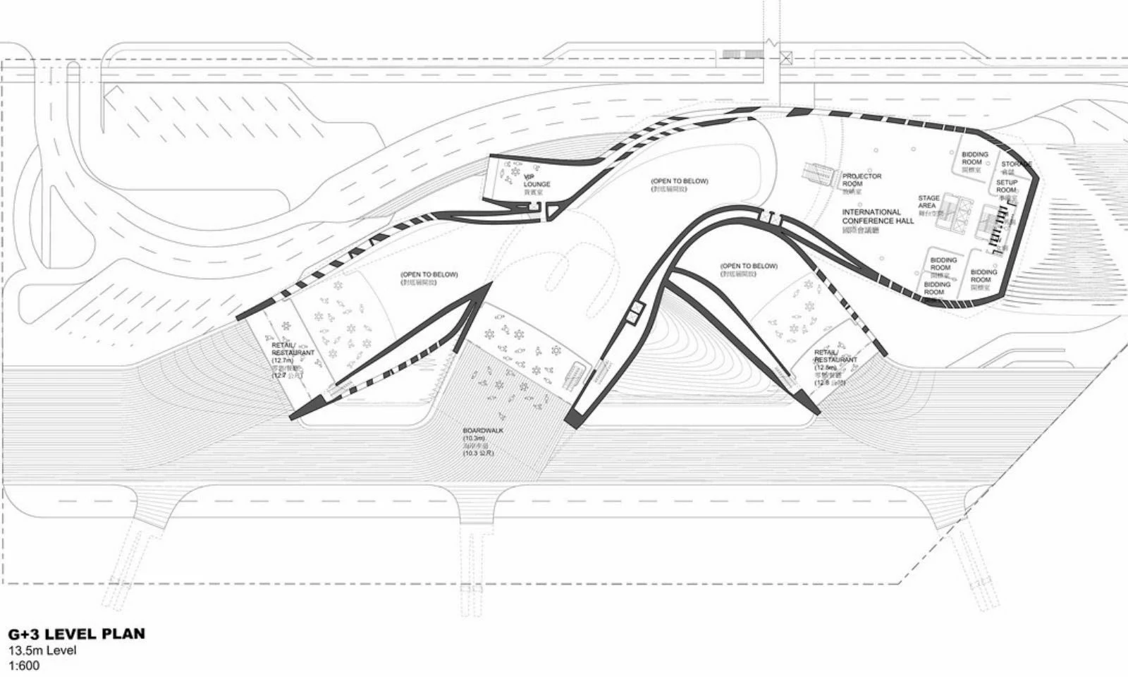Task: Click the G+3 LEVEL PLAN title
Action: pyautogui.click(x=76, y=633)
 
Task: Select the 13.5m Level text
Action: pyautogui.click(x=42, y=650)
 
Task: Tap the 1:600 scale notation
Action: pyautogui.click(x=24, y=665)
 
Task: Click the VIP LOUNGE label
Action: pyautogui.click(x=537, y=181)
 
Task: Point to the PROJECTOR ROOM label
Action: pyautogui.click(x=862, y=180)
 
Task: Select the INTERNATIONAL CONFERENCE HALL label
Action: pyautogui.click(x=878, y=216)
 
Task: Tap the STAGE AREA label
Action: pyautogui.click(x=928, y=202)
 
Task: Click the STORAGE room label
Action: pyautogui.click(x=1016, y=164)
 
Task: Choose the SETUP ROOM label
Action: pyautogui.click(x=1006, y=186)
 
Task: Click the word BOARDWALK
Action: pyautogui.click(x=483, y=430)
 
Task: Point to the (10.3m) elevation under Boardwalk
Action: pyautogui.click(x=474, y=439)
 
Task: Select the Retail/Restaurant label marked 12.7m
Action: pyautogui.click(x=293, y=349)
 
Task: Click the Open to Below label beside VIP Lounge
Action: pyautogui.click(x=679, y=181)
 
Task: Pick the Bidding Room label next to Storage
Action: pyautogui.click(x=975, y=157)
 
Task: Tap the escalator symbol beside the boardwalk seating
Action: pyautogui.click(x=575, y=373)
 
